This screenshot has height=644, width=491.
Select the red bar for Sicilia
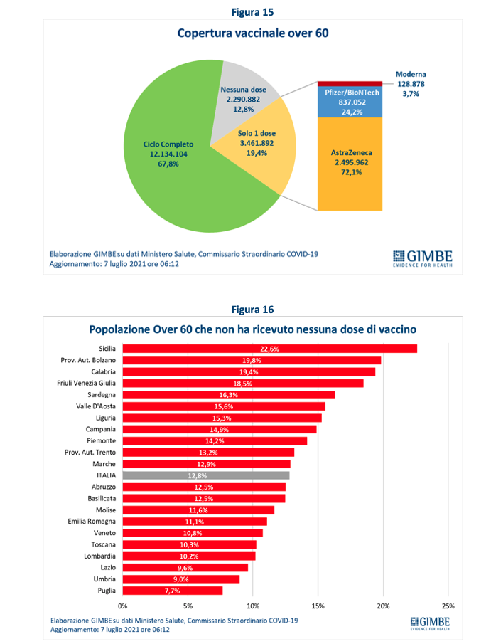tap(269, 349)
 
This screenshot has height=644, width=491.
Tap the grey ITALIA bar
tap(205, 475)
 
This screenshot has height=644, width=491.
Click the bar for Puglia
tap(172, 591)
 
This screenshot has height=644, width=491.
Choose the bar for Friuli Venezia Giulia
tap(243, 383)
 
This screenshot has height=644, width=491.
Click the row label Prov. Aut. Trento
tap(85, 453)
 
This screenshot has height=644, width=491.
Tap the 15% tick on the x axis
tap(318, 606)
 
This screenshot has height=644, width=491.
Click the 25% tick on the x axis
tap(448, 606)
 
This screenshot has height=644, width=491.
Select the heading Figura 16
tap(252, 310)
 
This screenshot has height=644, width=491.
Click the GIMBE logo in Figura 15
tap(421, 258)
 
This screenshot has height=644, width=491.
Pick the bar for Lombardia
tap(189, 556)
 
